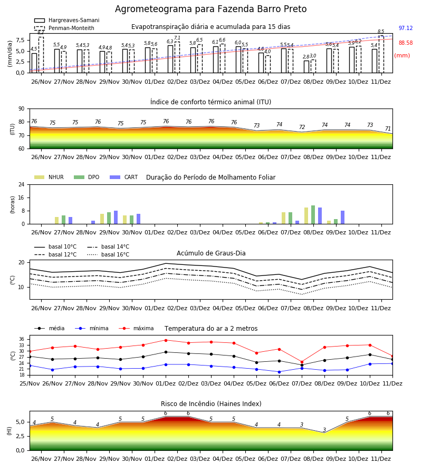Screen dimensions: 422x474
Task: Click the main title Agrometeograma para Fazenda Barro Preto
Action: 210,9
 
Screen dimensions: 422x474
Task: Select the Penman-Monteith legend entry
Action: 64,28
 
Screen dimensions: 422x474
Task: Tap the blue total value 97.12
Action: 406,28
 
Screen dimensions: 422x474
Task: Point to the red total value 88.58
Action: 406,43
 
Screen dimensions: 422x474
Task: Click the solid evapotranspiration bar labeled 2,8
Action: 306,67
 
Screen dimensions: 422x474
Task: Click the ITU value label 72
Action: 302,127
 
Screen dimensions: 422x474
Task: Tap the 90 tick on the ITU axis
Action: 22,109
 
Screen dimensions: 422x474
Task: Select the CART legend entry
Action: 124,177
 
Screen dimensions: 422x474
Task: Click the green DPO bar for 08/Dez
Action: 313,215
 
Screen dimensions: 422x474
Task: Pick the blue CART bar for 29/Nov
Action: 116,218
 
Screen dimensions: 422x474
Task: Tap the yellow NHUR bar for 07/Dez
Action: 284,218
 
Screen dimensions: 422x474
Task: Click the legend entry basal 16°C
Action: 108,254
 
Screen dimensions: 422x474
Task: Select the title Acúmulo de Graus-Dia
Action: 211,253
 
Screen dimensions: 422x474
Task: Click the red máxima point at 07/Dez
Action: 302,362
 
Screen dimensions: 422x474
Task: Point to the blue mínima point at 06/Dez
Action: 279,372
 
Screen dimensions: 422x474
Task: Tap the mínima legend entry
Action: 92,328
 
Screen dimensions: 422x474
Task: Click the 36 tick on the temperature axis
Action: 22,339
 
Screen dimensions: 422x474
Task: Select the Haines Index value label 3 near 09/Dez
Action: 324,430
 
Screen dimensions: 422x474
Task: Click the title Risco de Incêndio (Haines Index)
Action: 211,404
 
